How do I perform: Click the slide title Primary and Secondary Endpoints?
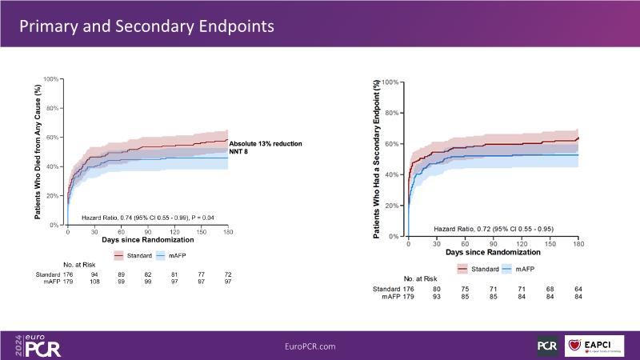tap(146, 26)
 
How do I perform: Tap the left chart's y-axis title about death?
tap(38, 151)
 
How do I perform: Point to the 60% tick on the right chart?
tap(390, 144)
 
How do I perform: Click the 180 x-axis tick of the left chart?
tap(228, 232)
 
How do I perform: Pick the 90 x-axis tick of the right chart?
tap(494, 243)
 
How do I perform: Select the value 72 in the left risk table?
tap(228, 274)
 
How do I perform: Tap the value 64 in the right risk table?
tap(578, 289)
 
